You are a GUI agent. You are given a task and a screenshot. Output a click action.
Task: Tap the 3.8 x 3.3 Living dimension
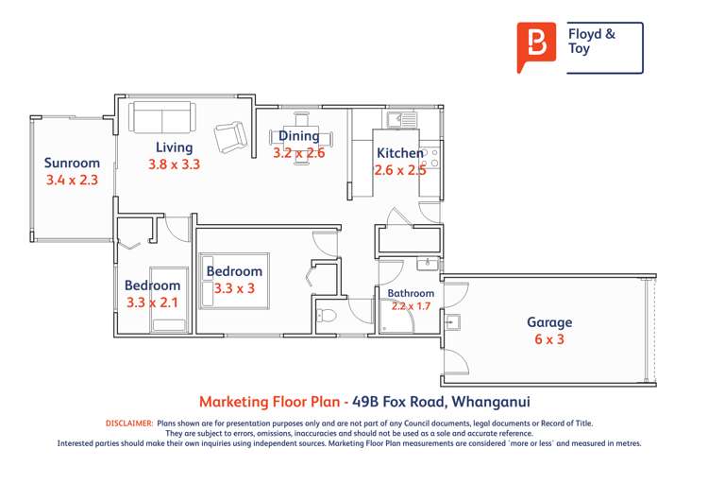[x=175, y=164]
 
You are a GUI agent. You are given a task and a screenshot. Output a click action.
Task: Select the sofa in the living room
[x=160, y=118]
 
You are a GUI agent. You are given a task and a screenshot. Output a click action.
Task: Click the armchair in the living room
[x=229, y=138]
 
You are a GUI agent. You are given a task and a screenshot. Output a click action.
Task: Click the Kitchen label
[x=400, y=153]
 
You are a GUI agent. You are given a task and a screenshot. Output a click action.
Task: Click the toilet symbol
[x=326, y=315]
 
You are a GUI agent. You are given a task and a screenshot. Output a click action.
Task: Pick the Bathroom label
[x=411, y=294]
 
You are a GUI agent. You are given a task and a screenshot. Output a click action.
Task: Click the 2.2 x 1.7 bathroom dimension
[x=411, y=306]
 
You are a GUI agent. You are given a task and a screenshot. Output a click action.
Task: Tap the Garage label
[x=549, y=322]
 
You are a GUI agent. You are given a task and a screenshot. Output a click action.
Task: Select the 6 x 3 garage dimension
[x=549, y=338]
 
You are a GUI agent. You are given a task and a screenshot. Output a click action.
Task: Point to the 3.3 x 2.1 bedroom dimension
[x=152, y=303]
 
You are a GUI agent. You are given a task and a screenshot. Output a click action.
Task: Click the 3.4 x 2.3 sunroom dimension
[x=72, y=179]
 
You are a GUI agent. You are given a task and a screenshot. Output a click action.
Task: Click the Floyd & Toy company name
[x=592, y=42]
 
